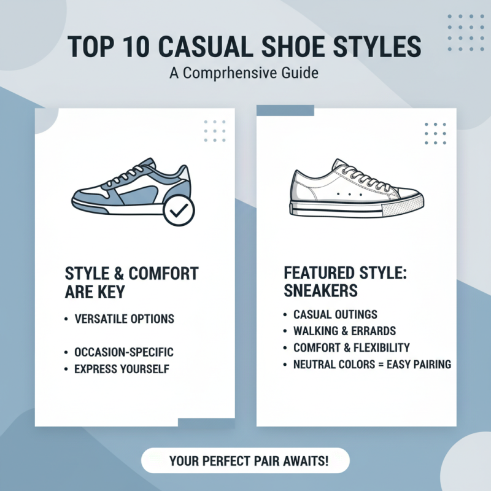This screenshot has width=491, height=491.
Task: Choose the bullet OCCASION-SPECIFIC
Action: point(123,352)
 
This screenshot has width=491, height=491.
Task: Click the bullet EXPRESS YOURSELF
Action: point(121,369)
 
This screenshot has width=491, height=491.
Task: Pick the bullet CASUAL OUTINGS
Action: point(335,315)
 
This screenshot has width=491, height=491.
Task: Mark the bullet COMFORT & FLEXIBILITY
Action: point(352,348)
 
